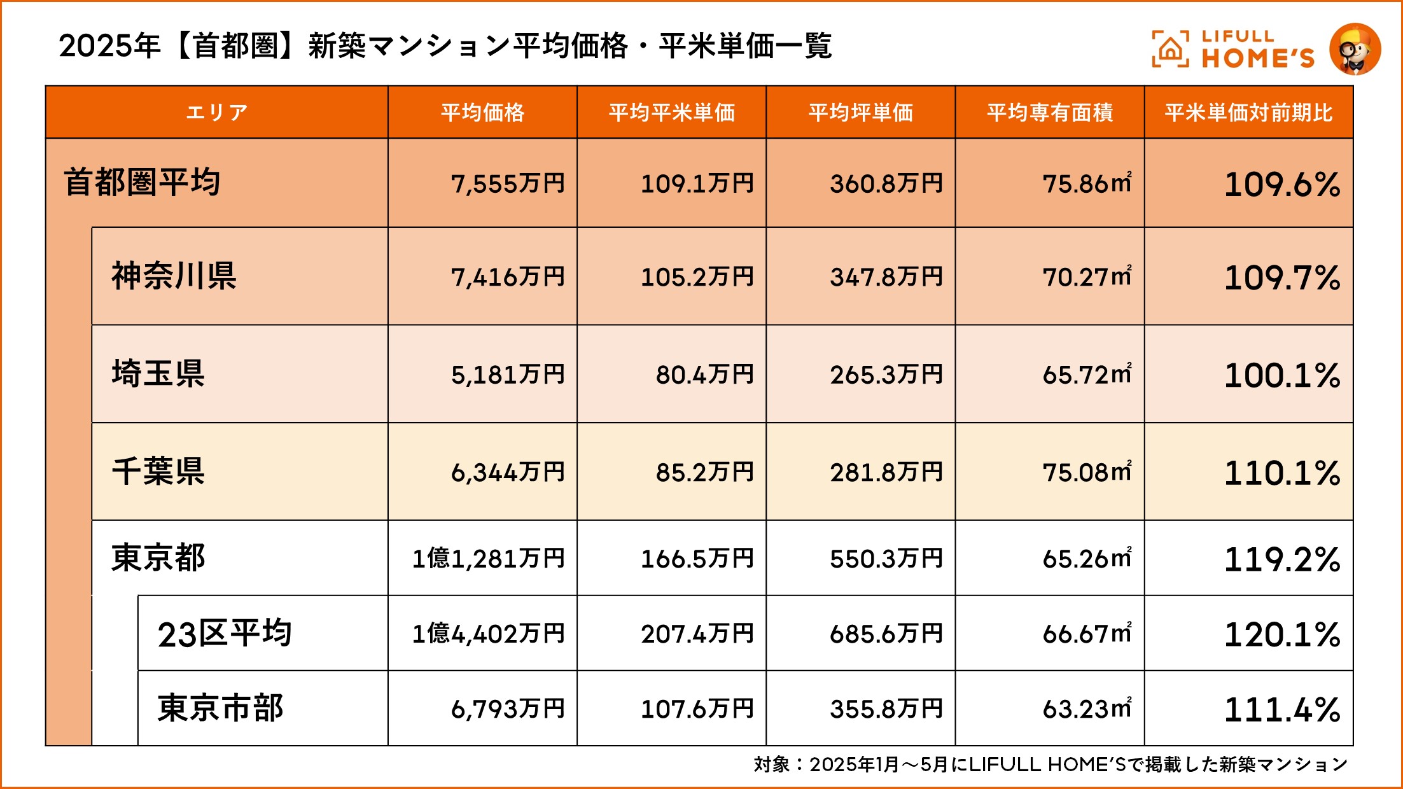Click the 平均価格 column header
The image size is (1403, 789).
tap(482, 113)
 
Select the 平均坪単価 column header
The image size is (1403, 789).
tap(860, 113)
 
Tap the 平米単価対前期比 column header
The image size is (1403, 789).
tap(1248, 113)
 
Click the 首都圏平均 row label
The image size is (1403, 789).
tap(142, 183)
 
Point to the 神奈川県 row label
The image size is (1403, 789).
tap(174, 276)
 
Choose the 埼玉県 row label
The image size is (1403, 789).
tap(158, 374)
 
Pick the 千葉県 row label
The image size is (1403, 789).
tap(158, 471)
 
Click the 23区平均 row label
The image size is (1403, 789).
tap(225, 634)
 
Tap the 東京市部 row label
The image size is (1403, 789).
tap(220, 708)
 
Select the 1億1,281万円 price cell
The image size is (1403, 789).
tap(488, 559)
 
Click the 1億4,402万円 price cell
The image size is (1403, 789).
tap(488, 634)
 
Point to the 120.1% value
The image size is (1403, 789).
tap(1282, 634)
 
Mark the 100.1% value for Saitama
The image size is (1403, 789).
tap(1282, 375)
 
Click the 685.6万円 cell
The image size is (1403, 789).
tap(886, 634)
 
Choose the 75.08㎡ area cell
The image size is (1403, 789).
tap(1087, 472)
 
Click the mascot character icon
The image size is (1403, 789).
tap(1355, 49)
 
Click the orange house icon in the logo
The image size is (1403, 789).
tap(1169, 50)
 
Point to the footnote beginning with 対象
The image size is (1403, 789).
tap(1050, 764)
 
